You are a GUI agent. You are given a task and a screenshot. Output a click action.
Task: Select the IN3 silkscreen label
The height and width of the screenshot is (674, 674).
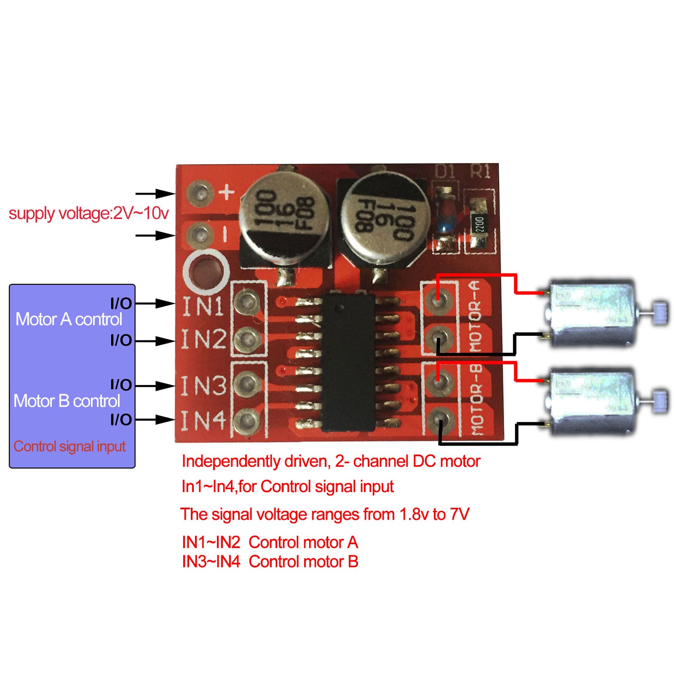(x=203, y=385)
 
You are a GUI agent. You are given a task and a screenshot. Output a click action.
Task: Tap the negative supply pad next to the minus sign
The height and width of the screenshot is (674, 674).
(x=200, y=234)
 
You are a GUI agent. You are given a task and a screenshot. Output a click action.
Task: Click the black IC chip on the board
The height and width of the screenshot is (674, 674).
(x=348, y=362)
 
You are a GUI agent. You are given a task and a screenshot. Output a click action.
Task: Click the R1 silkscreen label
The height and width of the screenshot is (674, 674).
(x=480, y=172)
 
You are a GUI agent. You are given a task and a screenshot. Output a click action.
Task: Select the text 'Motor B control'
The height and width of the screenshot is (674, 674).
(x=67, y=401)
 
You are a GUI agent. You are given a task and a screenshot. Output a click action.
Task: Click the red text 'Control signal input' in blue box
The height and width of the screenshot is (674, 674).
(x=70, y=446)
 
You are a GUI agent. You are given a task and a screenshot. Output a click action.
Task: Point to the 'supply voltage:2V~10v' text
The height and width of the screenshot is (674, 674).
(x=88, y=214)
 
